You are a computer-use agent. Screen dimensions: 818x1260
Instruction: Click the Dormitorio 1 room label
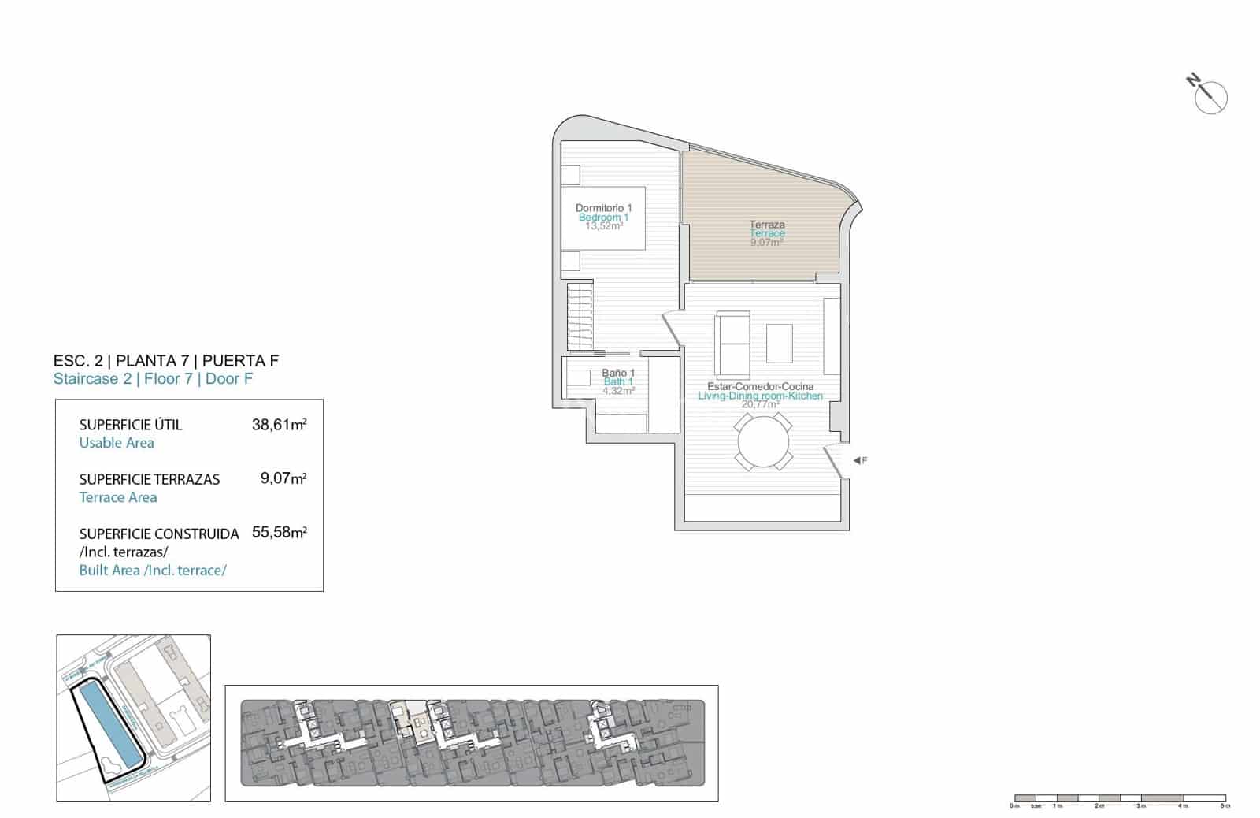(x=603, y=208)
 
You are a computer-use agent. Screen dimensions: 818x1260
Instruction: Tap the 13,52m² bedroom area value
(x=603, y=226)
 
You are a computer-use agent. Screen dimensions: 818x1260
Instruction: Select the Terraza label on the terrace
(x=766, y=225)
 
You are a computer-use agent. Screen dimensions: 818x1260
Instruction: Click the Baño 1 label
(x=618, y=373)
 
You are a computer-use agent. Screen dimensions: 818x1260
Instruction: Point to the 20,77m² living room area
(x=760, y=404)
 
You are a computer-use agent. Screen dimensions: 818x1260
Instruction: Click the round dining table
(x=764, y=443)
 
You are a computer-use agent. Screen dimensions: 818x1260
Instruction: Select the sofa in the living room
(x=732, y=344)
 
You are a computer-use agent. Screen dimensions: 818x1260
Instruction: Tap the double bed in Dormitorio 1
(x=603, y=218)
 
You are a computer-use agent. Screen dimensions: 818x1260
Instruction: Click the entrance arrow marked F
(x=858, y=460)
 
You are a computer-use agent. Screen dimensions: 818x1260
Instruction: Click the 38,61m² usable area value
(x=279, y=425)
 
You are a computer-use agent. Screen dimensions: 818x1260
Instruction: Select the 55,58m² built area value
(x=279, y=533)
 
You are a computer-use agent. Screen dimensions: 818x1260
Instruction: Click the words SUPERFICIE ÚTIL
(x=131, y=425)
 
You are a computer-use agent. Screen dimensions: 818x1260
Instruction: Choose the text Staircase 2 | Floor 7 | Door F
(x=153, y=379)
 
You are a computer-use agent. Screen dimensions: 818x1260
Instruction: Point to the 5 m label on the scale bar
(x=1223, y=806)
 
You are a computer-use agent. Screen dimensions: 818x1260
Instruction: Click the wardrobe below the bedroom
(x=580, y=315)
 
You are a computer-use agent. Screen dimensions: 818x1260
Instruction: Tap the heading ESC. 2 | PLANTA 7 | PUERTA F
(x=166, y=361)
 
